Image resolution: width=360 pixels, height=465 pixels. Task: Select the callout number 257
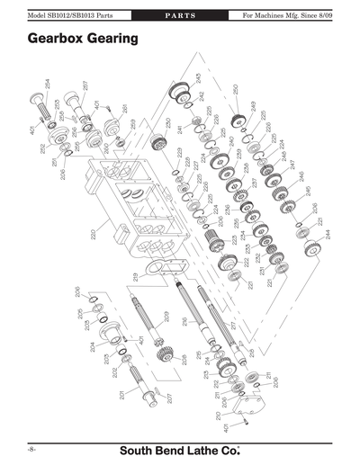(x=85, y=87)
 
